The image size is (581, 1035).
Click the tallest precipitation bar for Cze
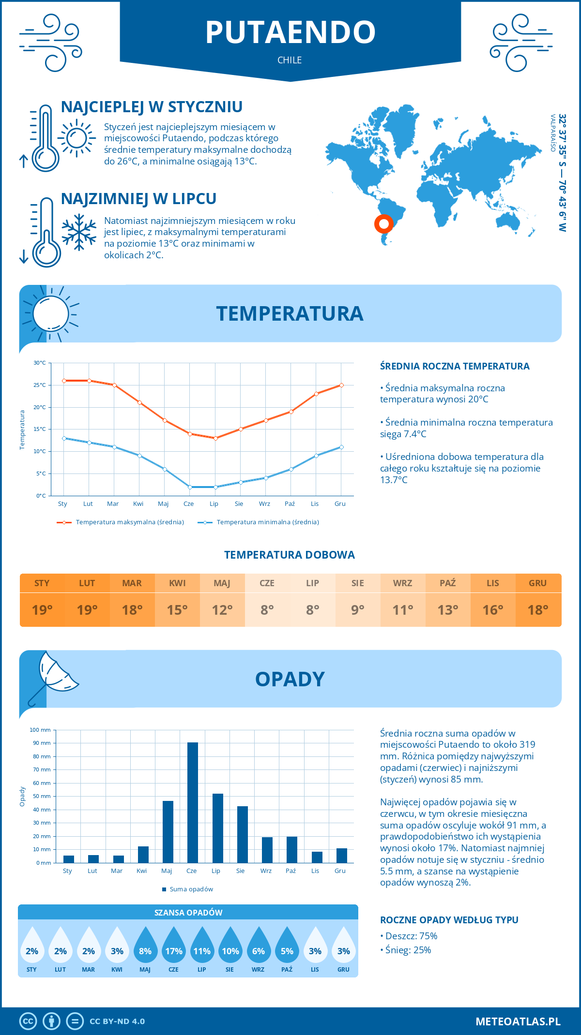pyautogui.click(x=193, y=803)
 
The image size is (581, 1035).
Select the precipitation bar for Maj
pyautogui.click(x=168, y=832)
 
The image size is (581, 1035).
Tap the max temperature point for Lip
pyautogui.click(x=215, y=438)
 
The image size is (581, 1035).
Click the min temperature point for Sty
pyautogui.click(x=64, y=438)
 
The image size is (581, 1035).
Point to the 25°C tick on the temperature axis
pyautogui.click(x=40, y=385)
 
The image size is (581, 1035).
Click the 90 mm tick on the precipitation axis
pyautogui.click(x=42, y=743)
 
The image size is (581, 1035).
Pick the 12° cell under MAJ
pyautogui.click(x=222, y=610)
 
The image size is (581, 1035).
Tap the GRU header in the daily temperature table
pyautogui.click(x=538, y=583)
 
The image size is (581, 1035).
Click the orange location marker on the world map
pyautogui.click(x=383, y=224)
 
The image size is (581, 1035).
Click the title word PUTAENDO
pyautogui.click(x=290, y=32)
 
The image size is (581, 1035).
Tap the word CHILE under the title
pyautogui.click(x=290, y=60)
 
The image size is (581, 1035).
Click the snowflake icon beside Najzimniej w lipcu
pyautogui.click(x=79, y=232)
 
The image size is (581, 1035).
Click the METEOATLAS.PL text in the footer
pyautogui.click(x=518, y=1021)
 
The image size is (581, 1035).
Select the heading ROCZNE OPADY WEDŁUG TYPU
pyautogui.click(x=449, y=920)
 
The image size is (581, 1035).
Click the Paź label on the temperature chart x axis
pyautogui.click(x=290, y=503)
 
